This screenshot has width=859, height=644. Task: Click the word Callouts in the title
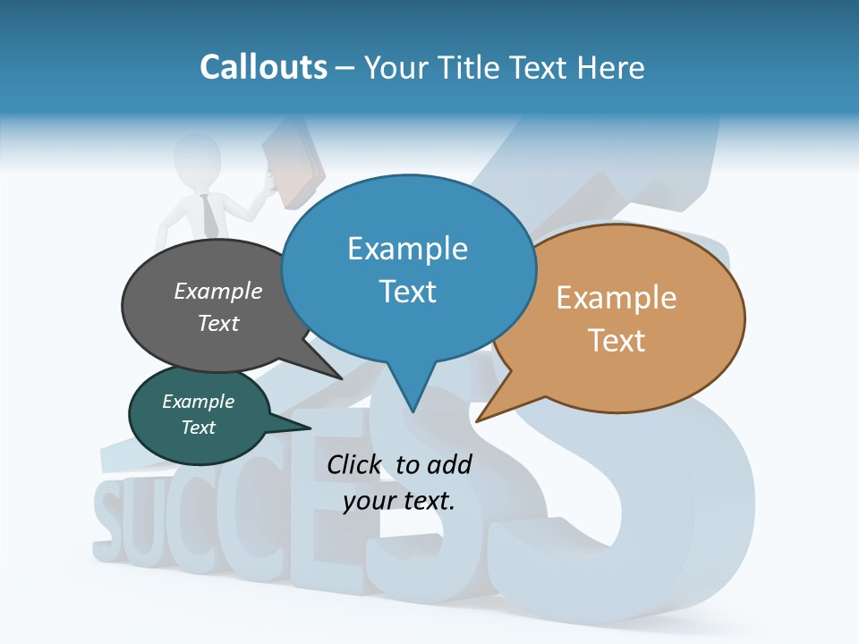(x=263, y=67)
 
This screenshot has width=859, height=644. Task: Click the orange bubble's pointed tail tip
(x=477, y=420)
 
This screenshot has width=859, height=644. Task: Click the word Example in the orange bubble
(x=617, y=298)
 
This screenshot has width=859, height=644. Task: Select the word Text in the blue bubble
(x=408, y=292)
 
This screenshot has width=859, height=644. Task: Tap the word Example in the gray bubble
(x=218, y=292)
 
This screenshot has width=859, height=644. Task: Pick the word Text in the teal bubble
(x=199, y=428)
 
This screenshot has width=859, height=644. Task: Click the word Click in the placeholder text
(x=355, y=464)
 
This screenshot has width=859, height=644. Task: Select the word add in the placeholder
(x=448, y=464)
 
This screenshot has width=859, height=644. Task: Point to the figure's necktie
(x=209, y=216)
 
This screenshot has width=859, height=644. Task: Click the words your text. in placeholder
(x=399, y=501)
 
